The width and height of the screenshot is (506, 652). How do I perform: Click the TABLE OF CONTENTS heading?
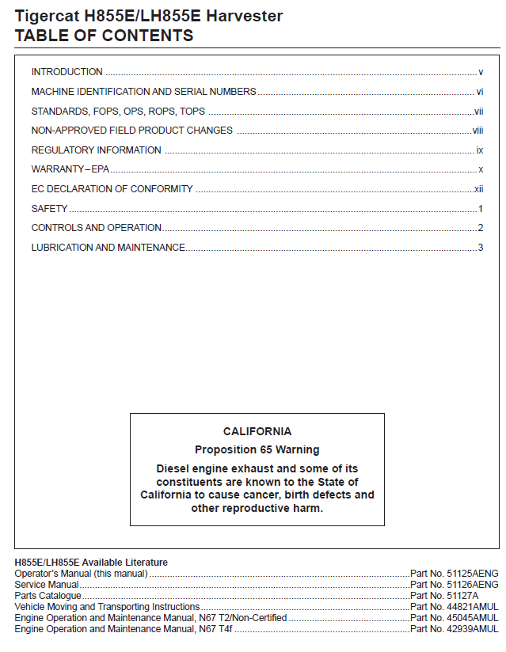104,36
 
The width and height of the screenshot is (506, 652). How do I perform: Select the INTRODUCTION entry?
67,72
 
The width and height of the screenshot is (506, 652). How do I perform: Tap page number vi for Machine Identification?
480,92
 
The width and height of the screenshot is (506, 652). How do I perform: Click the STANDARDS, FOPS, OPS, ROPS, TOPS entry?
118,111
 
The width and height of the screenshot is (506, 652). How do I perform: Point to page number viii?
477,131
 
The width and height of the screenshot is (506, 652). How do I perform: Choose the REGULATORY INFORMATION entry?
96,150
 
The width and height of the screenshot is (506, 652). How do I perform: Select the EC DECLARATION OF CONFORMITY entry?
112,189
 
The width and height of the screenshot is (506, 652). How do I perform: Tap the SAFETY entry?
49,209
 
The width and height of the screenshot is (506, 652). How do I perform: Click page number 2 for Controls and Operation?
481,228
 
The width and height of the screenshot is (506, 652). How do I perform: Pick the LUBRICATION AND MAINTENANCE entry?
108,248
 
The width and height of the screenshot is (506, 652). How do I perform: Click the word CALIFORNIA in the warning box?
257,432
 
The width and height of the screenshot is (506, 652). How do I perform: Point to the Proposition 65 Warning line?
257,449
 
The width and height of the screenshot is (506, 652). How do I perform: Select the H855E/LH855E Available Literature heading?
91,563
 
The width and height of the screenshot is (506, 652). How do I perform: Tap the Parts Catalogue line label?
48,596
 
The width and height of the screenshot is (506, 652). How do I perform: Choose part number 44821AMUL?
474,607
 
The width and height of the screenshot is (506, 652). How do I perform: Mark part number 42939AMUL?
474,629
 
